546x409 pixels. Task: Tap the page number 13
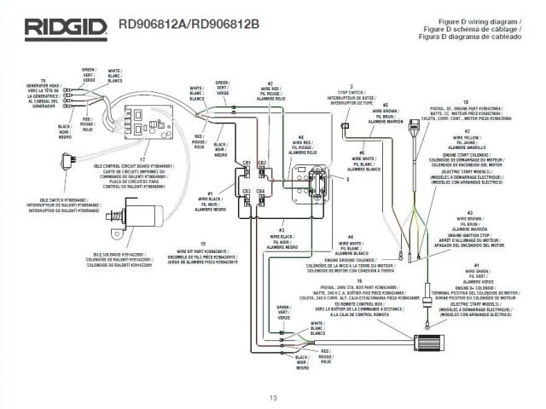click(x=273, y=399)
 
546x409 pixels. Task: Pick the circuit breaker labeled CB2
click(x=262, y=172)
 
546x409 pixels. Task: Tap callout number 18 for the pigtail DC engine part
click(x=466, y=101)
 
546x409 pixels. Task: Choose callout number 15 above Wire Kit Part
click(x=202, y=243)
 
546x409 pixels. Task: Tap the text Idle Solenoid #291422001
click(x=120, y=254)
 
